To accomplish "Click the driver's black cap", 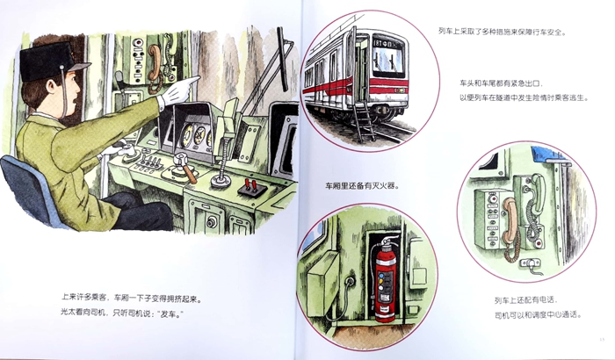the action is (51, 63).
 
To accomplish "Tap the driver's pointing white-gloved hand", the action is (179, 90).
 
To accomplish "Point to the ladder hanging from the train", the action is (364, 120).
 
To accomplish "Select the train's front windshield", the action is (388, 61).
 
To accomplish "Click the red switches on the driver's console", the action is (251, 185).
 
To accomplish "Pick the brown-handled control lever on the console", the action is (185, 168).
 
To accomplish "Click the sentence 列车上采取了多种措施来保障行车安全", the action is (503, 32).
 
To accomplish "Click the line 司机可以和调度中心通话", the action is (538, 314).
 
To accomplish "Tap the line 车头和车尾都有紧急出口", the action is (502, 84).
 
